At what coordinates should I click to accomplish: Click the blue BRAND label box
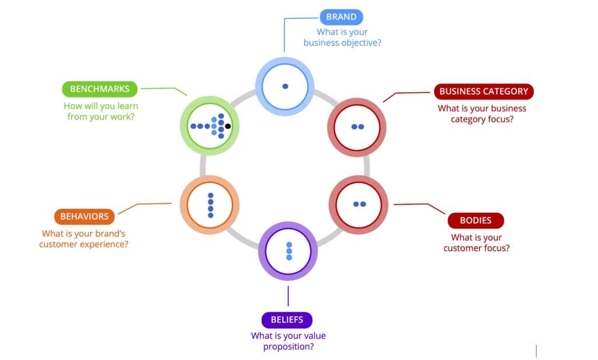pos(342,17)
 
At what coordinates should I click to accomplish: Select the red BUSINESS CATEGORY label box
pos(484,91)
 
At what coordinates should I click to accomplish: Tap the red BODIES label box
pos(475,221)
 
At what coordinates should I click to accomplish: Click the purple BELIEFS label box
pos(287,320)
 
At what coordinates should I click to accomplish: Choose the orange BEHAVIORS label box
pos(84,216)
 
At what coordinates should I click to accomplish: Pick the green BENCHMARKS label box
pos(100,89)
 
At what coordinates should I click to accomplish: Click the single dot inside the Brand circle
pos(285,86)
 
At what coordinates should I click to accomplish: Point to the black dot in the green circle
pos(228,126)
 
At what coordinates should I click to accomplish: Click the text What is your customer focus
pos(476,243)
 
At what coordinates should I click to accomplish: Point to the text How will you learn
pos(100,106)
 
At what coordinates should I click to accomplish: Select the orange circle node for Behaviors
pos(210,205)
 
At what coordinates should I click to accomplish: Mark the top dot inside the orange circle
pos(211,195)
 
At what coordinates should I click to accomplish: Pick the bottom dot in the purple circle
pos(288,257)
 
